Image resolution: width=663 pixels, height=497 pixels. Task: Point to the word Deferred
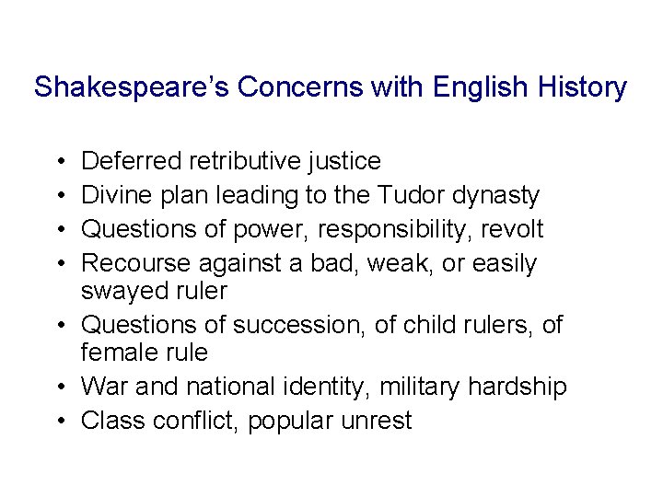click(131, 162)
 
